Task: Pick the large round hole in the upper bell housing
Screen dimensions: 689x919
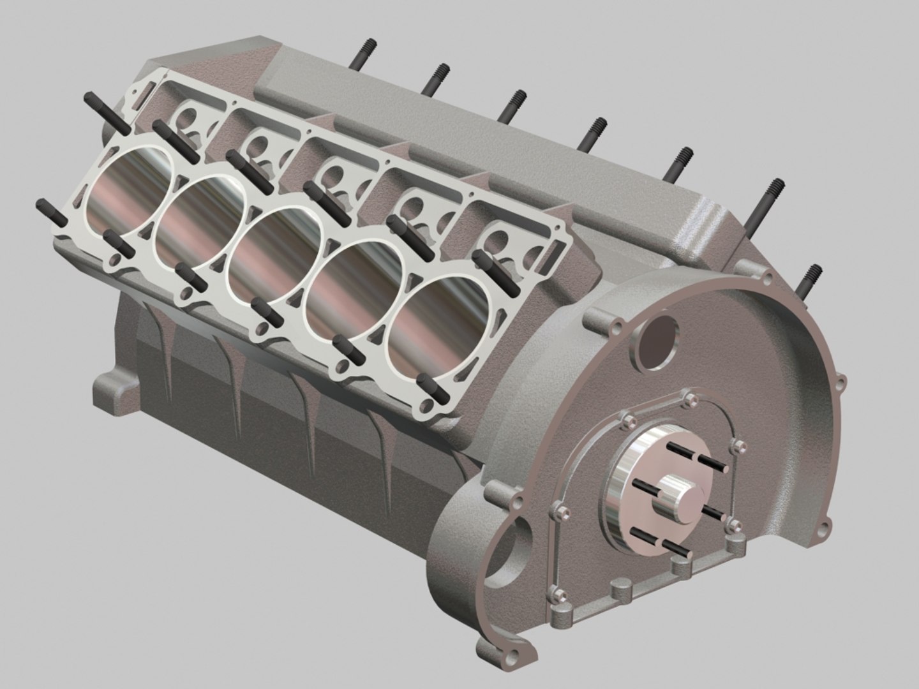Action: click(x=656, y=341)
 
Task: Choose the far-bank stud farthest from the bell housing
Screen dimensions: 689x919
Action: click(x=361, y=55)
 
